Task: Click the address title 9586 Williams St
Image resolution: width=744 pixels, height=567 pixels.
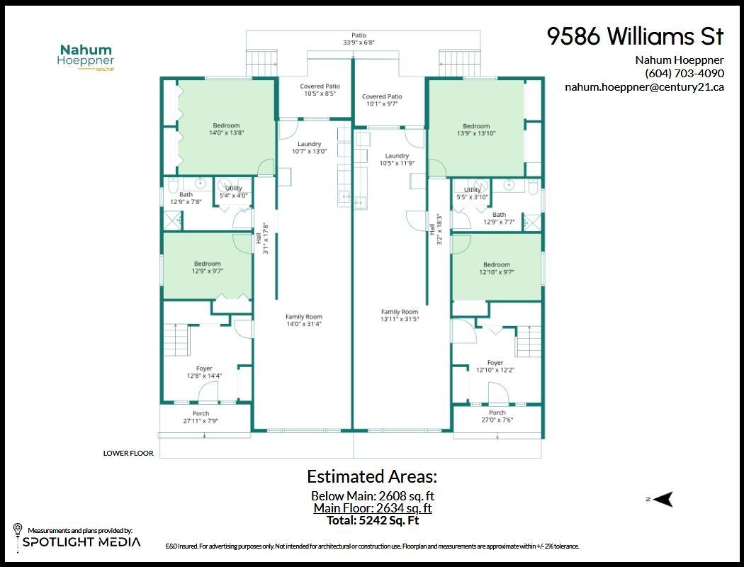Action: coord(635,37)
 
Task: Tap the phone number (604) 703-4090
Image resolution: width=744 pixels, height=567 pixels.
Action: coord(684,73)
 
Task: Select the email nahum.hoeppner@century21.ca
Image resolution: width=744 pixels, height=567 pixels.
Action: coord(644,87)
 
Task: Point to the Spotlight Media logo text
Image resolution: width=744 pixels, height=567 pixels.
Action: coord(81,542)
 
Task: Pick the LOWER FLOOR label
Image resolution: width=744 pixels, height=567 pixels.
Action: coord(128,453)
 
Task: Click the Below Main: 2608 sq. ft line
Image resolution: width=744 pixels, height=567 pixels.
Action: coord(372,496)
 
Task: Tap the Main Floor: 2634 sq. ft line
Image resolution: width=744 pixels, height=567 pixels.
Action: coord(372,508)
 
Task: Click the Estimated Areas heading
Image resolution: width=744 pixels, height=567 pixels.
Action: coord(372,476)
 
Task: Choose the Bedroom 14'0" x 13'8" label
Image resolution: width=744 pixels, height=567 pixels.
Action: coord(226,129)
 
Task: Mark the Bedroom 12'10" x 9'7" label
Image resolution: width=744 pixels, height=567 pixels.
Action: coord(496,268)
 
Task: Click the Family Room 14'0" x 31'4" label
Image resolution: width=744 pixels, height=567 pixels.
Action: coord(303,320)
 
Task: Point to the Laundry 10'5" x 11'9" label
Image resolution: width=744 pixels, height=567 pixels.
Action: coord(397,159)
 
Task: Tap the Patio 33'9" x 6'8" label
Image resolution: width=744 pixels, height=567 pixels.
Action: coord(359,38)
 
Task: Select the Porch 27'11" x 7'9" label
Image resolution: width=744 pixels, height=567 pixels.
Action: coord(201,417)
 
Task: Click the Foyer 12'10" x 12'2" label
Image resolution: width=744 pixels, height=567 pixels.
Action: coord(495,366)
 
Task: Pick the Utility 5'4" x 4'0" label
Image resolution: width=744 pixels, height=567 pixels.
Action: coord(233,191)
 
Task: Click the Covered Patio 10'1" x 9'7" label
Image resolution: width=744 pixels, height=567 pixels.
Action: coord(382,100)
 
